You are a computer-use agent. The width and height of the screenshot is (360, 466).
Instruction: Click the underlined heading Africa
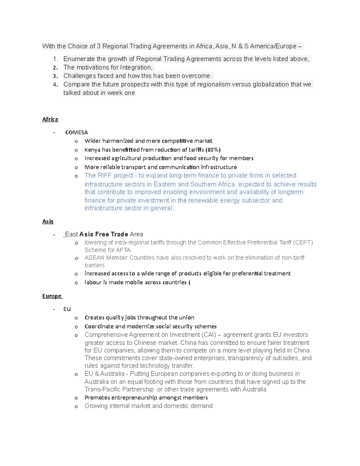pos(50,119)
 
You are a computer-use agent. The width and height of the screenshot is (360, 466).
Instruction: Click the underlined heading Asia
pos(48,221)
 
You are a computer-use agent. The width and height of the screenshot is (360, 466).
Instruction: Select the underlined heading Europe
pos(52,296)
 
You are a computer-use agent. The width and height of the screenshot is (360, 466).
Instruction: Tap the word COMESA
pos(76,132)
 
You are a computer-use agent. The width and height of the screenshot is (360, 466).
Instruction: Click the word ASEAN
pos(94,258)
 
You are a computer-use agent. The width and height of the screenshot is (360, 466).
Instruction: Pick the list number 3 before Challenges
pos(55,76)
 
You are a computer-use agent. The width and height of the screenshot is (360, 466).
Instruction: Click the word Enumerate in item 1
pos(78,59)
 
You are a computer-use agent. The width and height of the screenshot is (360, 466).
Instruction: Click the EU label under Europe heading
pos(67,309)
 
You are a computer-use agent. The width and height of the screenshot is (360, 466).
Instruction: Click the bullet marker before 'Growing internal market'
pos(76,407)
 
